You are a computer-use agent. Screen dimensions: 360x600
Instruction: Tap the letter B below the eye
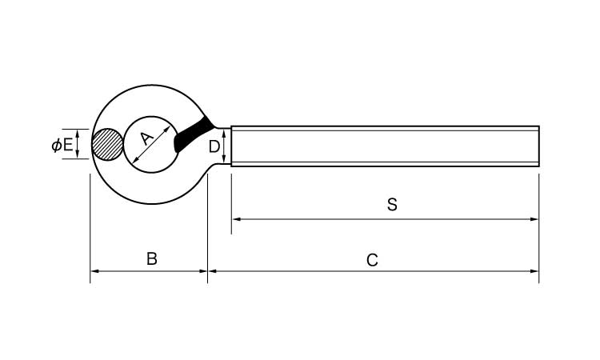(151, 259)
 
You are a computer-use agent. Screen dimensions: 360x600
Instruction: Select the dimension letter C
(372, 260)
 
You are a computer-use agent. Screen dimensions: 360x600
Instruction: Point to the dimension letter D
(214, 146)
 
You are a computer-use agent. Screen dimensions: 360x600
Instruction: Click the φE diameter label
(62, 145)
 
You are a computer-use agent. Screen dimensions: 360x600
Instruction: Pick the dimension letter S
(392, 205)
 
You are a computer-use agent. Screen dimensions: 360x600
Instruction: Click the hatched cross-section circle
(107, 145)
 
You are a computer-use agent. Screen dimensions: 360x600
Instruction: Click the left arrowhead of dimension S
(235, 218)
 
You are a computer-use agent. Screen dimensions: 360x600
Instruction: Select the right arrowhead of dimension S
(534, 218)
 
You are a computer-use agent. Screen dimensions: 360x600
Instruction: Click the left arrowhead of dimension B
(94, 272)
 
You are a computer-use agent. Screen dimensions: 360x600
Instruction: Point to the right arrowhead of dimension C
(534, 272)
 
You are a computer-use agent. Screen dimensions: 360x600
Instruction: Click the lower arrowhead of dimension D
(225, 161)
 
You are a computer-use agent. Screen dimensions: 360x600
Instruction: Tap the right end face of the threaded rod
(538, 146)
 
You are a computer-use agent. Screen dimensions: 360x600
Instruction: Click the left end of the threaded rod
(232, 146)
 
